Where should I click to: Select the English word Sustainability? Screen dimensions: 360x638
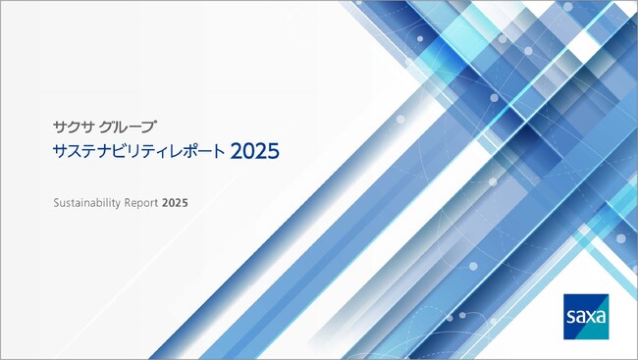tap(87, 203)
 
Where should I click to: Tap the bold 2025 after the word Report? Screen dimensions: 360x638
tap(176, 203)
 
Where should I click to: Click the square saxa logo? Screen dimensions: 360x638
tap(586, 316)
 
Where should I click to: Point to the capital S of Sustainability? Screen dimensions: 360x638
tap(56, 203)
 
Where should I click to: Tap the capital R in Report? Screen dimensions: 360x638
tap(129, 203)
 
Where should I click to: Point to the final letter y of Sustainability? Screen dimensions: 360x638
tap(118, 204)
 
